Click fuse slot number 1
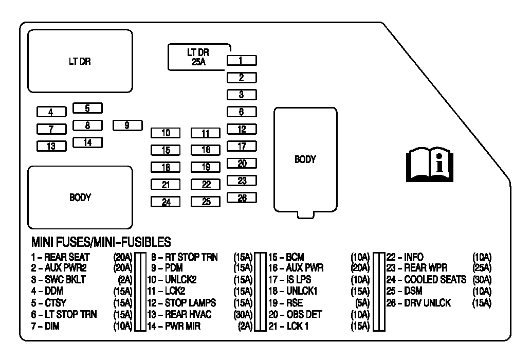click(242, 61)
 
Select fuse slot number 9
click(126, 125)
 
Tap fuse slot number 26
click(242, 197)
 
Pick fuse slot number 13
click(51, 146)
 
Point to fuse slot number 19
click(206, 167)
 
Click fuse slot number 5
click(87, 108)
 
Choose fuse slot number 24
click(166, 202)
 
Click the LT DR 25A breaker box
click(198, 57)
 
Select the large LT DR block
click(80, 61)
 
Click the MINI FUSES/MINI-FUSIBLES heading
click(101, 242)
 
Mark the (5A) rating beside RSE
click(362, 303)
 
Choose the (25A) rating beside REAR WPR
click(482, 268)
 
